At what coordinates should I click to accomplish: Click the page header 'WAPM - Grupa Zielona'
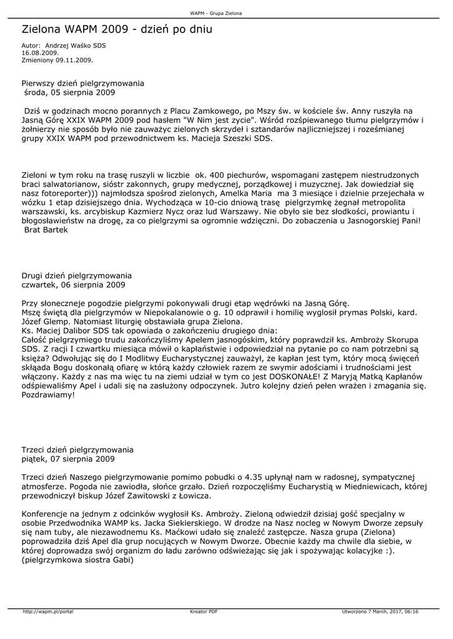point(216,13)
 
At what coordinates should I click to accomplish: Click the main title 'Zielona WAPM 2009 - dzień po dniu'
point(117,29)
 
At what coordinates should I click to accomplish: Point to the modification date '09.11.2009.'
point(74,60)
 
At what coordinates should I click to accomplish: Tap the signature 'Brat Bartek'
point(46,230)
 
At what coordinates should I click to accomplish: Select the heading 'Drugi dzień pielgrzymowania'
point(77,275)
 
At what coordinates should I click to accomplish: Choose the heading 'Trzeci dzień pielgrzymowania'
point(77,449)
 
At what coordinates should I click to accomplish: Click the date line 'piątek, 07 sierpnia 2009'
point(68,459)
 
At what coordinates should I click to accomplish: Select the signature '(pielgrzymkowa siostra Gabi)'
point(77,560)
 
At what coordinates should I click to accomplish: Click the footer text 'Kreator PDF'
point(204,611)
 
